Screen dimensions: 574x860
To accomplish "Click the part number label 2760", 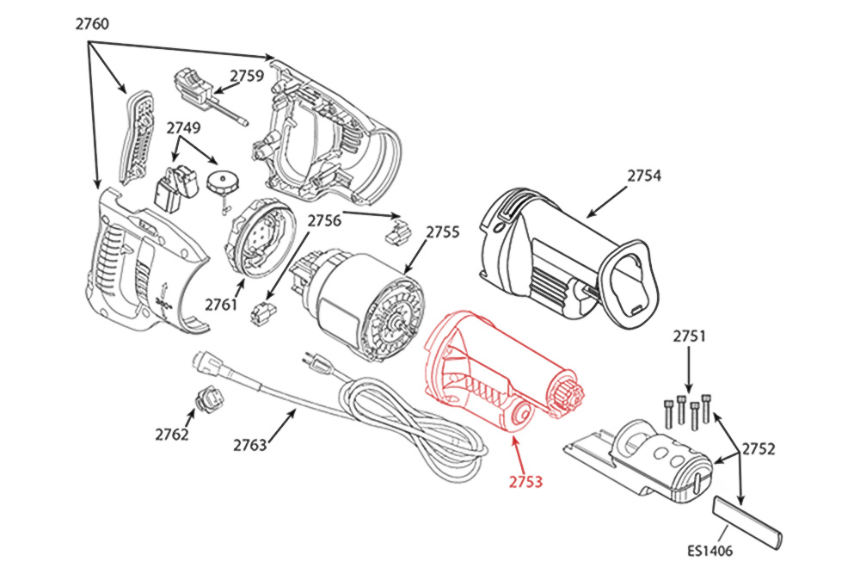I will coord(92,24).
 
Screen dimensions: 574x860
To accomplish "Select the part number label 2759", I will coord(247,75).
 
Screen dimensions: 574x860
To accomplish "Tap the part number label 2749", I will coord(184,128).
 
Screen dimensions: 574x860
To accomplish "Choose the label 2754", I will coord(643,176).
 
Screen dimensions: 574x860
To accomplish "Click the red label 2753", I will coord(526,482).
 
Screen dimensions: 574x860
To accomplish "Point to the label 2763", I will coord(250,445).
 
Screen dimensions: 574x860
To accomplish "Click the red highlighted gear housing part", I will coord(490,370).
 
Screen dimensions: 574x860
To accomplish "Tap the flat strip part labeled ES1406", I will coord(747,522).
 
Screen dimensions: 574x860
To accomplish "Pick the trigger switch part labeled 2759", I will coord(197,83).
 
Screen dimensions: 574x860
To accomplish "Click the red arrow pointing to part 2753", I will coord(517,453).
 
